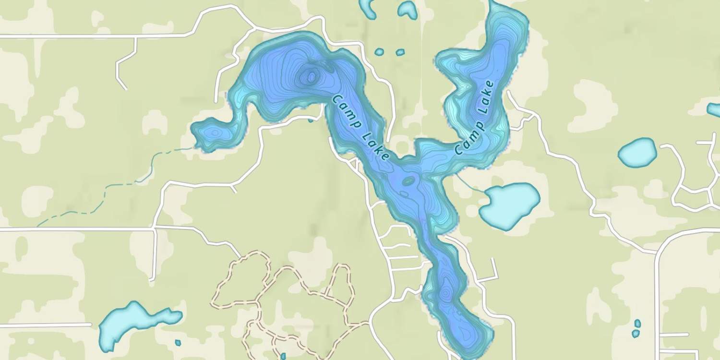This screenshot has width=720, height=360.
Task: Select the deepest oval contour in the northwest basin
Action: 312,76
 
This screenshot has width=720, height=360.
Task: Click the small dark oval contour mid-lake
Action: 408,181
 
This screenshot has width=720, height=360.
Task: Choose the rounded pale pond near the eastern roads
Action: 637,152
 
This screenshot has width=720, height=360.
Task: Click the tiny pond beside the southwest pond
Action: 178,343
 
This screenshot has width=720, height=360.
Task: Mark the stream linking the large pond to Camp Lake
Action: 469,184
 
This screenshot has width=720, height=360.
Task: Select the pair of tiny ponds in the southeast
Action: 636,328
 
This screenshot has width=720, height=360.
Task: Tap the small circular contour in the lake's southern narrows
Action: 445,292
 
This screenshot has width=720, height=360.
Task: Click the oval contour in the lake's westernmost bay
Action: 214,132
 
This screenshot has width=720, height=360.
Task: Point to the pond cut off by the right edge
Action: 714,110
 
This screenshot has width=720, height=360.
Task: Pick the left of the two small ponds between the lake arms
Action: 379,52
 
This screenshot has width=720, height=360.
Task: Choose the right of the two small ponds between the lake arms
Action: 400,52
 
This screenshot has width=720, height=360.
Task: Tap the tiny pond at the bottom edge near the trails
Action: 283,356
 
